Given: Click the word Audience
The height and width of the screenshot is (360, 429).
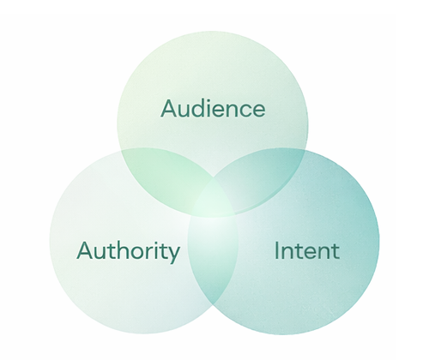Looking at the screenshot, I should click(213, 109).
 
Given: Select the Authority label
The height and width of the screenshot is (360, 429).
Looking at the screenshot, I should click(129, 251).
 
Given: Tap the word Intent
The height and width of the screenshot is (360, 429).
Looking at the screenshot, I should click(307, 251).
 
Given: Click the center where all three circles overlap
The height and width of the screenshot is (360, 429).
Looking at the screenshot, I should click(213, 207).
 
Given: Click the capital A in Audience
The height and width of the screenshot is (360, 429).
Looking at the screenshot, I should click(169, 109).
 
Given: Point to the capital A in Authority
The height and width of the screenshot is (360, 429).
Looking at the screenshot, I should click(84, 251).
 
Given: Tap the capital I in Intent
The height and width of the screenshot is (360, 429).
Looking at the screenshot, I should click(277, 251).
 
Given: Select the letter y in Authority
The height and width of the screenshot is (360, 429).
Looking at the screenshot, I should click(175, 254).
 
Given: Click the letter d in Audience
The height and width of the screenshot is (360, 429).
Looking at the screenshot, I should click(199, 109).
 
